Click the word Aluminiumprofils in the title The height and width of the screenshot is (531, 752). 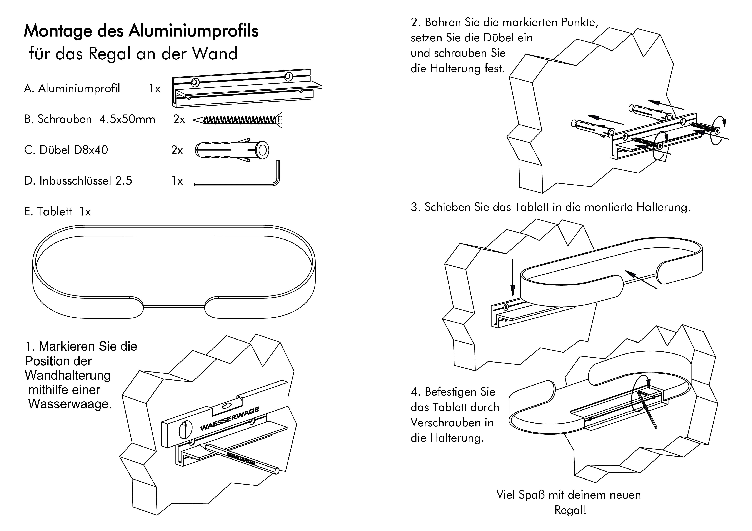(193, 31)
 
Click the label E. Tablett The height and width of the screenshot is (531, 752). (48, 212)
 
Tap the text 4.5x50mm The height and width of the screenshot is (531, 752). (127, 119)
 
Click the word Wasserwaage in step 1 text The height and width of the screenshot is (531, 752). (70, 404)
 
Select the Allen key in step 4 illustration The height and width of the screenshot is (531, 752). (647, 409)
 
